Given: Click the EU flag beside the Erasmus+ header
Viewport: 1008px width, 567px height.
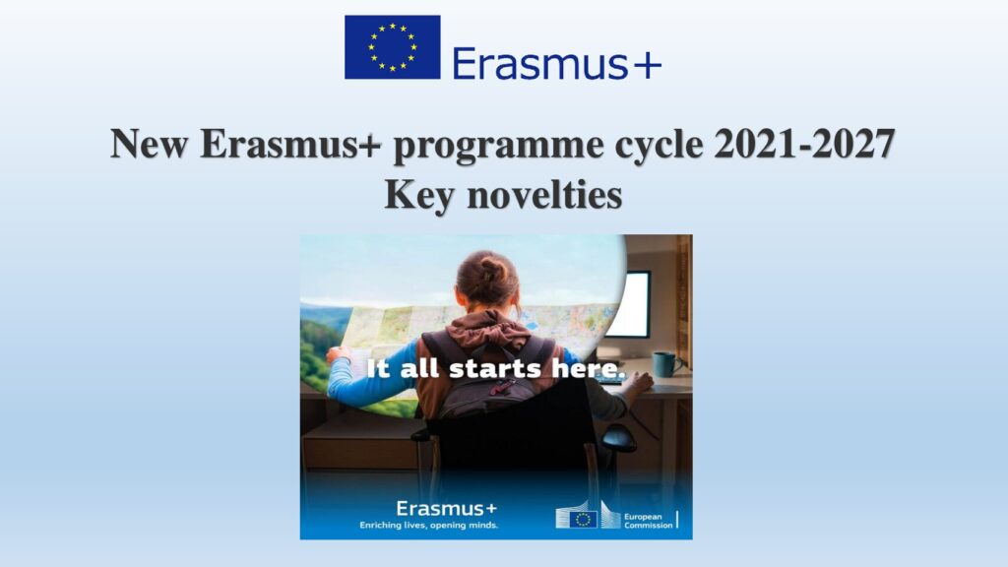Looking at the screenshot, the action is [x=392, y=47].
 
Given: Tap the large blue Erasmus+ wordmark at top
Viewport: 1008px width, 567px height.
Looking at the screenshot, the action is [x=557, y=64].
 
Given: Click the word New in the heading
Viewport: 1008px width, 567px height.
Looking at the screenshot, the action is [x=149, y=144].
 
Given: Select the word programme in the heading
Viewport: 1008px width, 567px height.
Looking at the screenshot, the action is [x=498, y=147].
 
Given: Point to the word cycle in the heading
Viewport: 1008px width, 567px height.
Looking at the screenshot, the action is [x=659, y=146].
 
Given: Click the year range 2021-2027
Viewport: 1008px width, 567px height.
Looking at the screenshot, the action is [x=804, y=144].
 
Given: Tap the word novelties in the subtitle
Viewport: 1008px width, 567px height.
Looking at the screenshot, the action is [x=544, y=194].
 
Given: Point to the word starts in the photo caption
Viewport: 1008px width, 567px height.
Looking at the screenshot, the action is [x=494, y=369].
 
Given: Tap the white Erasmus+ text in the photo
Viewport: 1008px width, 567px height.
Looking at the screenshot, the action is [x=446, y=509].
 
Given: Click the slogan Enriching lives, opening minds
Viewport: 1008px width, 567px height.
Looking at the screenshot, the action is [x=429, y=526].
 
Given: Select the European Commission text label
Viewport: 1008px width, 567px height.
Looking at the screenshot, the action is [x=648, y=521].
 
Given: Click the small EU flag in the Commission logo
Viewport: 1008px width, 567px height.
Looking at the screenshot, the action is [x=583, y=520].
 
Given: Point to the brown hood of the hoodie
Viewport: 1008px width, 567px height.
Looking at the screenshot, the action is [x=488, y=329].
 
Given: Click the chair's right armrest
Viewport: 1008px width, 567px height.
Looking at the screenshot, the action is [x=618, y=436].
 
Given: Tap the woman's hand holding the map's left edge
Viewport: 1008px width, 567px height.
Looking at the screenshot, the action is [x=335, y=354].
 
